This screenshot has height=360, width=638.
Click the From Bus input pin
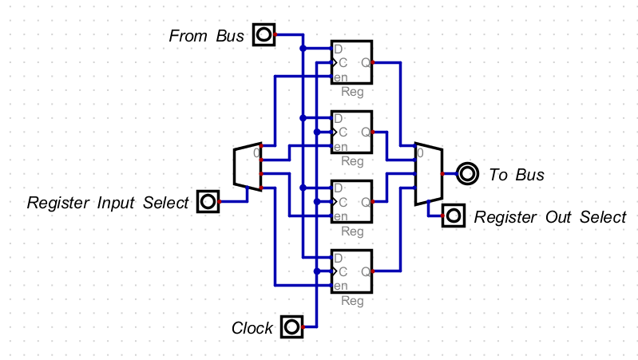tap(264, 35)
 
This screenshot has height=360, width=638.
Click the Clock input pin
tap(291, 326)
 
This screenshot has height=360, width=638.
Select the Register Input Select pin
tap(208, 202)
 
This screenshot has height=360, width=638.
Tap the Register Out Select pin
tap(454, 216)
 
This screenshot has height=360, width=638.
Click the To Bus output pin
tap(467, 173)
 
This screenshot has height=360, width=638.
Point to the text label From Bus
tap(206, 36)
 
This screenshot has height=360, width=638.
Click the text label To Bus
tap(516, 175)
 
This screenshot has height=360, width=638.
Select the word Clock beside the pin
tap(252, 328)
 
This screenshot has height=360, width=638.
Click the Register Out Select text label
tap(550, 217)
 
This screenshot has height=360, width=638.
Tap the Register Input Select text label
tap(108, 203)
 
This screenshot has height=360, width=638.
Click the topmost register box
tap(352, 62)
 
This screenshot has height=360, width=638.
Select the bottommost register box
tap(352, 271)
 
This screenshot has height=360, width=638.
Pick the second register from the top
tap(352, 132)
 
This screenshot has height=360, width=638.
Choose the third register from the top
tap(352, 201)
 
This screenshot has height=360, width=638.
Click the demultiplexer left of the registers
tap(248, 168)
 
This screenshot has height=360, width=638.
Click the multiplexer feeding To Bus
tap(428, 174)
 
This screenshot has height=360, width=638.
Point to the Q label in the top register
tap(365, 62)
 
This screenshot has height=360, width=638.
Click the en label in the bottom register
tap(341, 286)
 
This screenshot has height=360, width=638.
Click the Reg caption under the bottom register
tap(352, 301)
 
